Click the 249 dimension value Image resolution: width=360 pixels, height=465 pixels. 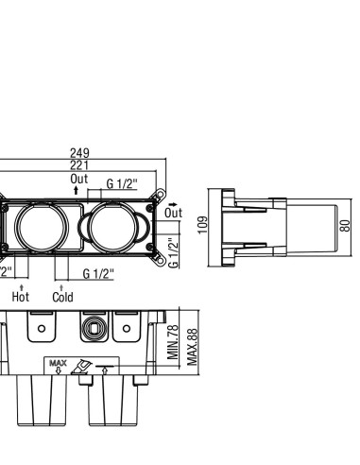[x=79, y=153]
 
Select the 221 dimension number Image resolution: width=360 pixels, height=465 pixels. [x=79, y=165]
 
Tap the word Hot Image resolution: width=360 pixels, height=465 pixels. [x=21, y=297]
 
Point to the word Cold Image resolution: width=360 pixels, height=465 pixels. [x=62, y=297]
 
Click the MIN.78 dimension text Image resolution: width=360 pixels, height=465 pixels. [x=173, y=342]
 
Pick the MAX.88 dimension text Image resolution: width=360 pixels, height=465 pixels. [x=193, y=347]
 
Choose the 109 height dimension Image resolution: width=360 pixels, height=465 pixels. [x=203, y=225]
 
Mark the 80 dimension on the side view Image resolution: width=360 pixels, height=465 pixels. [x=345, y=226]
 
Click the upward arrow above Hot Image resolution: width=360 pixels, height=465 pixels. [x=22, y=287]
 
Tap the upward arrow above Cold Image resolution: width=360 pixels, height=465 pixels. [x=61, y=287]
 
